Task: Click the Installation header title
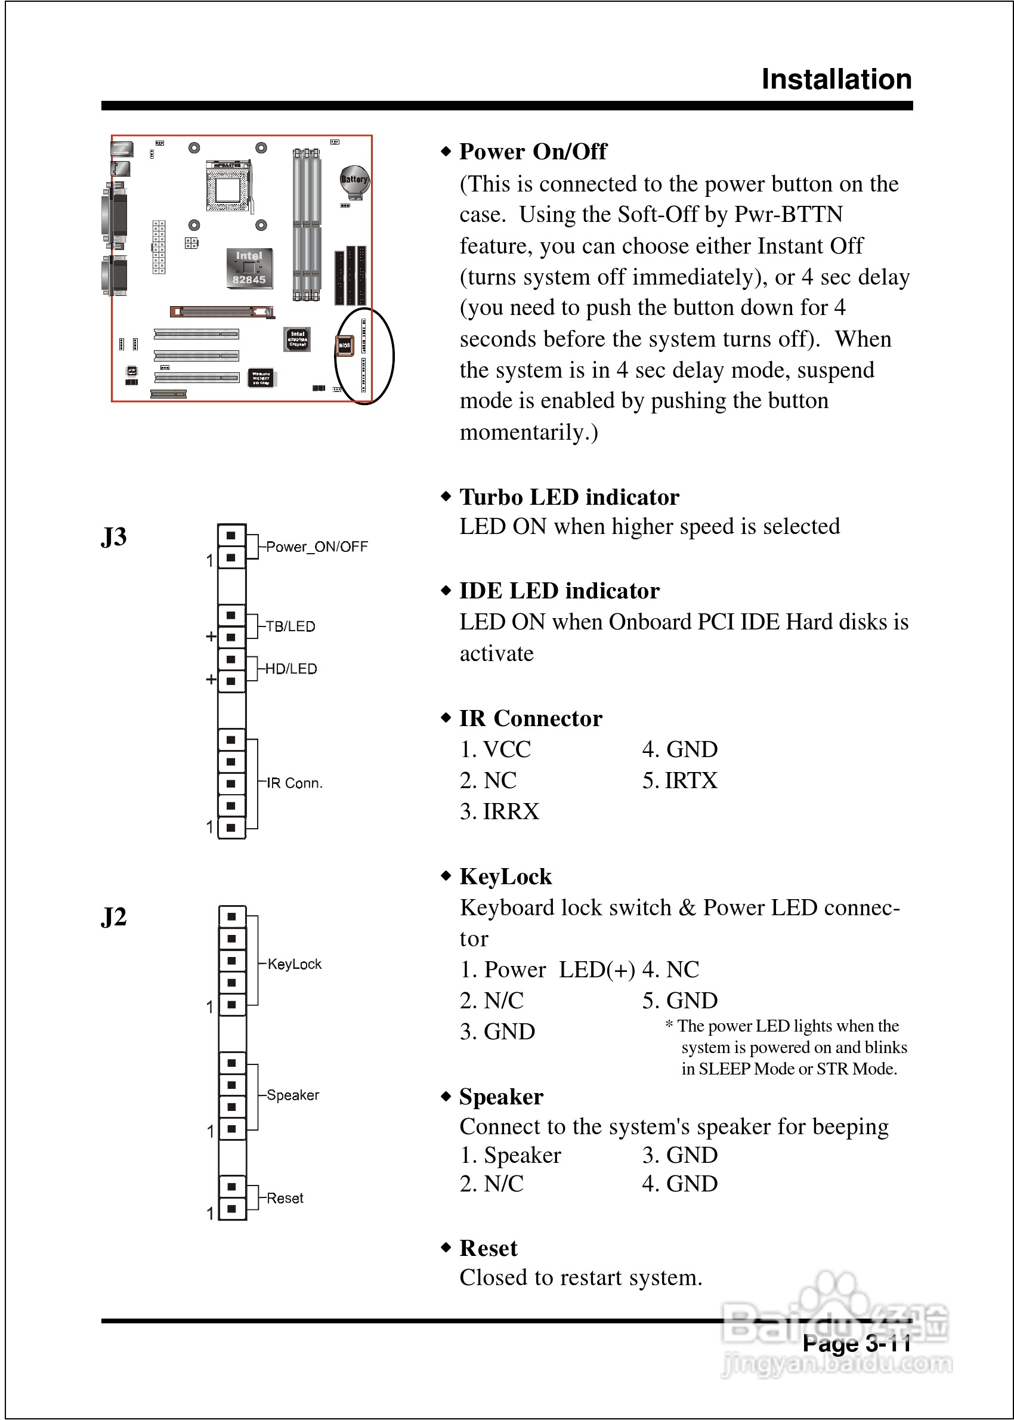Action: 836,80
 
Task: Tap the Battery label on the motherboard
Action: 354,180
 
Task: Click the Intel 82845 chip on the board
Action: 249,268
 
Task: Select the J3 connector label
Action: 114,537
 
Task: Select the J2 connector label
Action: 114,917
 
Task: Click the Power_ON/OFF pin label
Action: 317,547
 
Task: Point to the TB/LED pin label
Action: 290,626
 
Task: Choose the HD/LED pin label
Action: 291,669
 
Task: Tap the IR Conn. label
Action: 294,783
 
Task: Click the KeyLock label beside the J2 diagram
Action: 294,964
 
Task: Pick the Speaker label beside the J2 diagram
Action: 292,1095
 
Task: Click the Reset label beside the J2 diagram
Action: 285,1198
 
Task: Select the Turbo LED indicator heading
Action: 569,497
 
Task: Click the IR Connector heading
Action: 531,718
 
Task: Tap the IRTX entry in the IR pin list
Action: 680,780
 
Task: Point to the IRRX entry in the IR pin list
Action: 499,812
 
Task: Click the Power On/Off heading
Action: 533,152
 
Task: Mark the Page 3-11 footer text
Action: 856,1342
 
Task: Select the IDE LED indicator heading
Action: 559,591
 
